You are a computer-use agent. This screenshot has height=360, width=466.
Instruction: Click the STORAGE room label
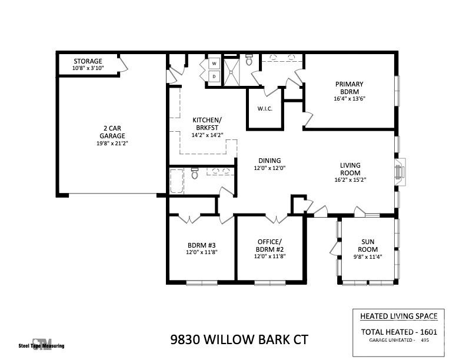click(x=87, y=61)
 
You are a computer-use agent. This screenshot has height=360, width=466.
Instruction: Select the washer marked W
click(x=214, y=63)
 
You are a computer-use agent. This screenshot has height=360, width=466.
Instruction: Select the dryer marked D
click(x=214, y=76)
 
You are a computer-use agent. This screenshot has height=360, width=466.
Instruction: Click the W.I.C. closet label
click(x=265, y=108)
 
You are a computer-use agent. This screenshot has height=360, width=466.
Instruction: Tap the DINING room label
click(x=269, y=161)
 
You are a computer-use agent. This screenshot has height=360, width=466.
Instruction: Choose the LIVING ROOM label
click(x=350, y=169)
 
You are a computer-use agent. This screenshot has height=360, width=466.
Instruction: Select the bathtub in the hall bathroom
click(x=177, y=182)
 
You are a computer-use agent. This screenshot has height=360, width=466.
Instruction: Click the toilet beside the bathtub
click(x=195, y=174)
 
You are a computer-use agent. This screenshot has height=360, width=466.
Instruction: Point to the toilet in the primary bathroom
click(x=249, y=60)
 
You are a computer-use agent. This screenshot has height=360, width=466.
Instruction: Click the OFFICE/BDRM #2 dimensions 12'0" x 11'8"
click(x=269, y=256)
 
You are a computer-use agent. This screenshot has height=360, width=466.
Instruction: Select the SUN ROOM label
click(x=369, y=245)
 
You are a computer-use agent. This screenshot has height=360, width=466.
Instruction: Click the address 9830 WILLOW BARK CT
click(x=239, y=339)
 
